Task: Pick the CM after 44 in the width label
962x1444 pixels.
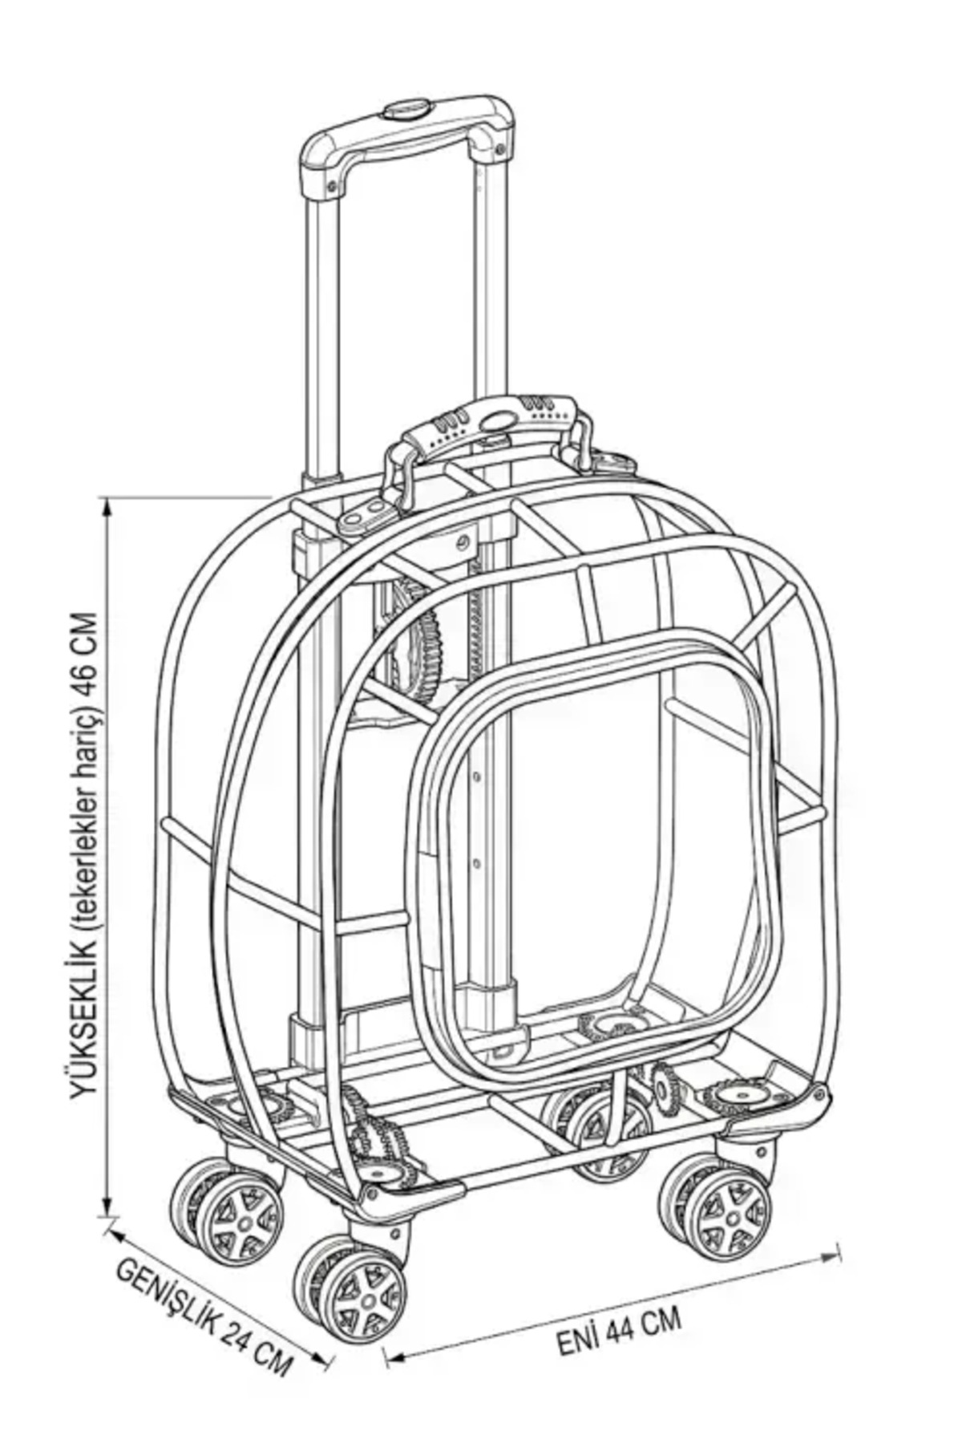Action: coord(662,1320)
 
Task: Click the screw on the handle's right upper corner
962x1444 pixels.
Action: coord(500,149)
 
